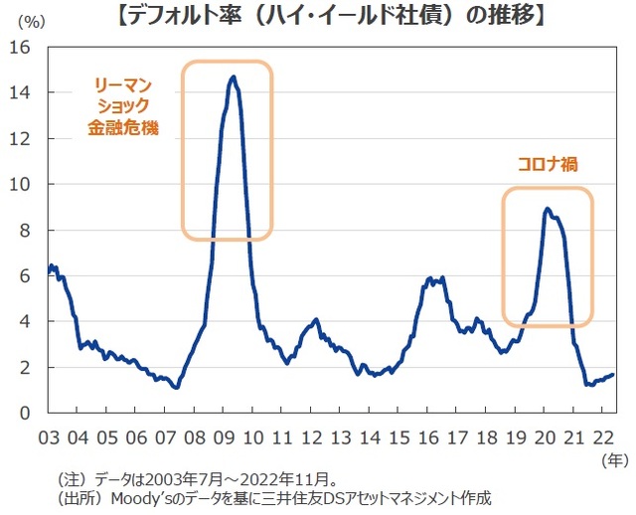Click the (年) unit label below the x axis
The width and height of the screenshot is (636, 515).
point(616,460)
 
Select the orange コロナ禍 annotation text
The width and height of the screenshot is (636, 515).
point(547,164)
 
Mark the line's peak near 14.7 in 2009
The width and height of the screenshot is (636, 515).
point(233,77)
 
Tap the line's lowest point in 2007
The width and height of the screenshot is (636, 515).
point(176,388)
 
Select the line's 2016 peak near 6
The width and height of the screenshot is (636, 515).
point(429,277)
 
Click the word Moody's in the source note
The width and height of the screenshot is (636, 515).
point(142,497)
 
